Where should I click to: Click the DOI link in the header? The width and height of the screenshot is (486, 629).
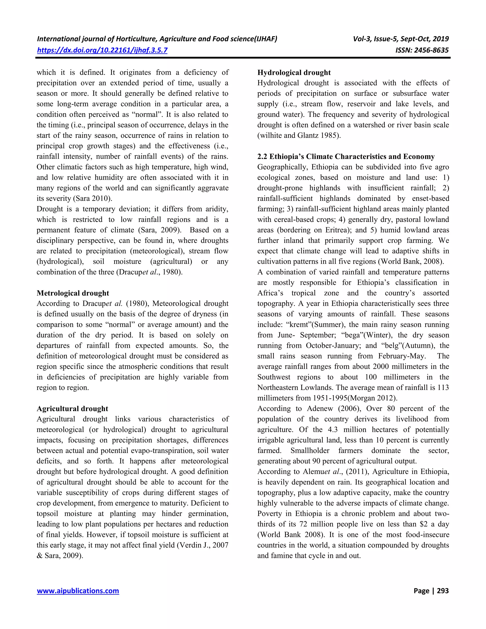pos(102,50)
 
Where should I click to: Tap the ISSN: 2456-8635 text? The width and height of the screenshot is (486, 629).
pos(422,50)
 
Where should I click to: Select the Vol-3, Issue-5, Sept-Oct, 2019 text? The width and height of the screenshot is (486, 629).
pos(401,39)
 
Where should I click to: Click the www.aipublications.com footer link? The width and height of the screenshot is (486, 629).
pos(78,591)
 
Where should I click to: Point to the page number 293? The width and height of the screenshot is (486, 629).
pos(443,591)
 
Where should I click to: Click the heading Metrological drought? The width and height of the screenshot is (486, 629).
pos(73,293)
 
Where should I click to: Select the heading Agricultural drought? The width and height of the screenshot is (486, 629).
pos(72,409)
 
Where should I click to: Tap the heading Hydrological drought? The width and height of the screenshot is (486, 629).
pos(294,73)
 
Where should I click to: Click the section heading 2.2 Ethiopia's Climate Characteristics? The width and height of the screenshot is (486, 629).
pos(346,157)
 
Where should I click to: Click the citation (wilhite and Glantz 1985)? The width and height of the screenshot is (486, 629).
pos(299,136)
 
